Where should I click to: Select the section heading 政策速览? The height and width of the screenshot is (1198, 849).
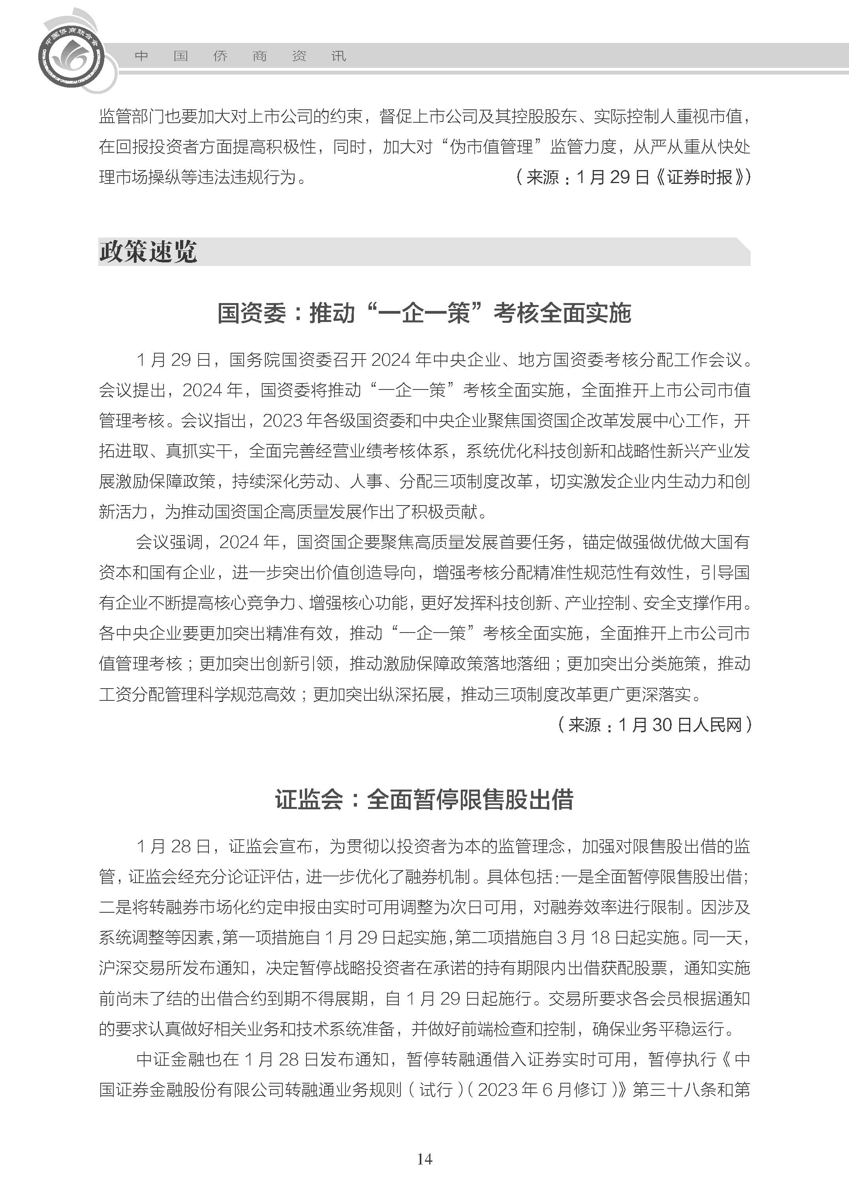[x=148, y=252]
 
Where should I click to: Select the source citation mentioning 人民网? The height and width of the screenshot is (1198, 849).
[x=655, y=724]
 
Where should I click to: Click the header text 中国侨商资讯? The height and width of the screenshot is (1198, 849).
[x=240, y=56]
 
